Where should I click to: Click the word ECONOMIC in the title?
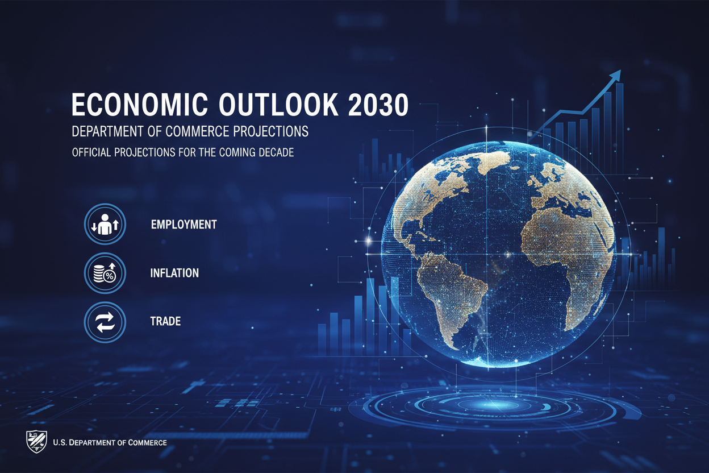point(140,105)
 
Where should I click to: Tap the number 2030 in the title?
point(378,105)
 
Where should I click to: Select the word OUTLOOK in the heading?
point(278,105)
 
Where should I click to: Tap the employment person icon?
point(105,224)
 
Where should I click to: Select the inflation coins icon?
point(105,273)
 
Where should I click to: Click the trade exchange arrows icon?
point(105,322)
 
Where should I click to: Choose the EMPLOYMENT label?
point(183,225)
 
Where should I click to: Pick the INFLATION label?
point(174,273)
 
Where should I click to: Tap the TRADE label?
point(165,321)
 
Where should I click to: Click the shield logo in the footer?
point(36,442)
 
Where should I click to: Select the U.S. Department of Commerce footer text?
point(110,443)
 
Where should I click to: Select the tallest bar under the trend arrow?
point(619,128)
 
